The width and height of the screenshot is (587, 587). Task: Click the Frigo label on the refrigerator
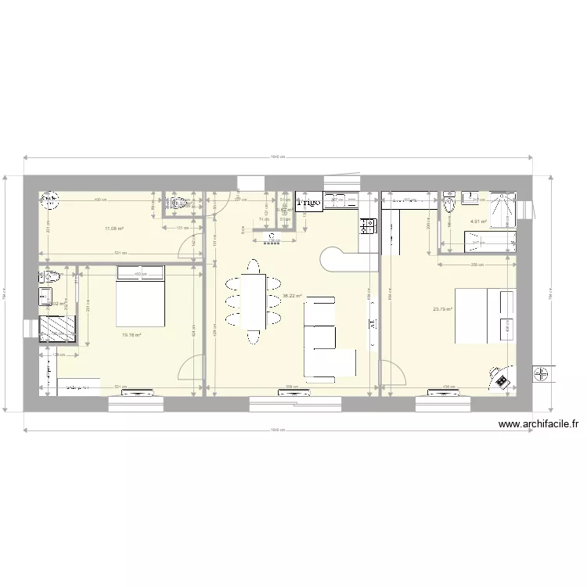tap(310, 203)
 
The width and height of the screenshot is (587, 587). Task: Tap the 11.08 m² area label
tap(114, 229)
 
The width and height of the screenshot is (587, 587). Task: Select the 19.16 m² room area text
tap(131, 335)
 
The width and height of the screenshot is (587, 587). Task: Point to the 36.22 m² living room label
tap(292, 296)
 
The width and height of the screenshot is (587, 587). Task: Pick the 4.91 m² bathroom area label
tap(477, 221)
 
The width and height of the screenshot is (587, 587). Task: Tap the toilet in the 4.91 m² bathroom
tap(449, 206)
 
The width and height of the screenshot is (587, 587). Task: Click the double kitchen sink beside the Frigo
tap(341, 199)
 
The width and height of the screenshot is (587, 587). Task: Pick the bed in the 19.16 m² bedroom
tap(141, 297)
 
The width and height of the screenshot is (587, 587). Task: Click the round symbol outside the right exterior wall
tap(541, 374)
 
